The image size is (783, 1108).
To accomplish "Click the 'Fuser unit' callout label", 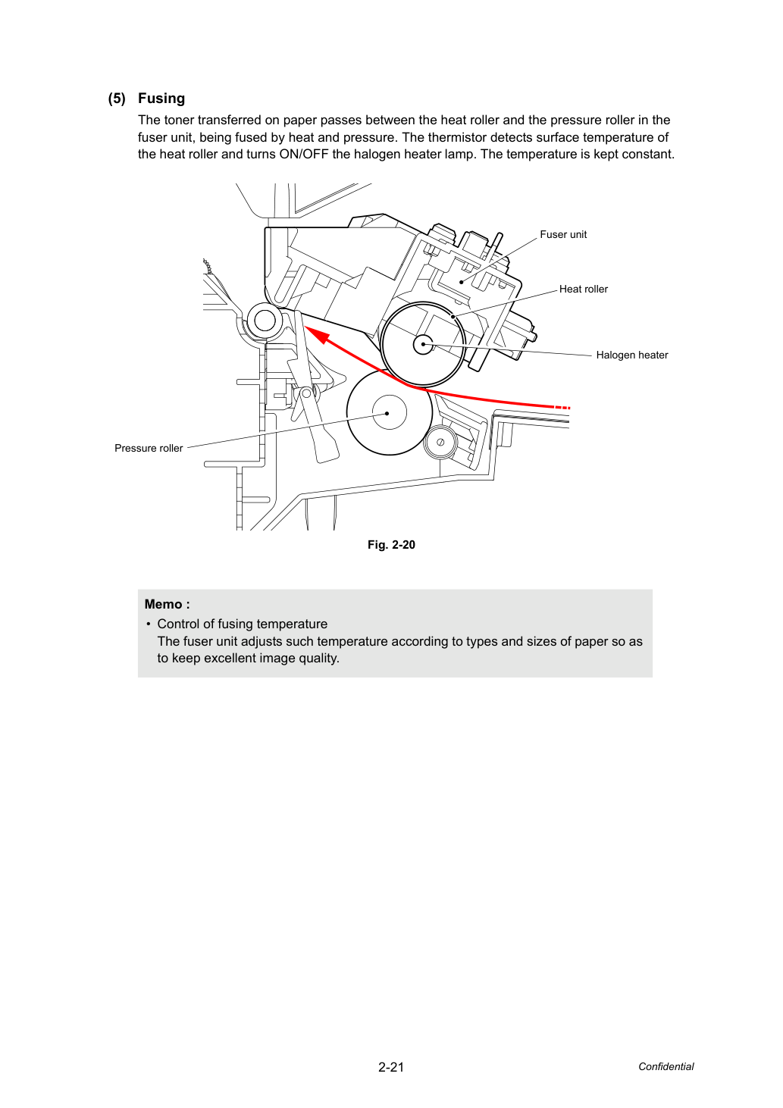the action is pyautogui.click(x=563, y=234).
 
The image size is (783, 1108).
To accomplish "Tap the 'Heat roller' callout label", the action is pyautogui.click(x=583, y=289).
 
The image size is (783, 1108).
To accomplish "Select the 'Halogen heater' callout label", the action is pyautogui.click(x=631, y=355).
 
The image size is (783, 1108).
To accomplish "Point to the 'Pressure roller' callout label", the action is pyautogui.click(x=149, y=448).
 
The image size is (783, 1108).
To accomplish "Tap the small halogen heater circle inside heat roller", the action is pyautogui.click(x=423, y=344).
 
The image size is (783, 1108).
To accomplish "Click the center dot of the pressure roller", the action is pyautogui.click(x=387, y=413).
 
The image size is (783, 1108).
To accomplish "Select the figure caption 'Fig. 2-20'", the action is pyautogui.click(x=391, y=545).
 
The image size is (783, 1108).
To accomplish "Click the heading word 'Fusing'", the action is pyautogui.click(x=161, y=99).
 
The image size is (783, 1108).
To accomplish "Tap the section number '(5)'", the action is pyautogui.click(x=117, y=99).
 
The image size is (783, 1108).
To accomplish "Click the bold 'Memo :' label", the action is pyautogui.click(x=168, y=604).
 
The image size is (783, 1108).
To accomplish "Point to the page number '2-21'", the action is pyautogui.click(x=391, y=1067).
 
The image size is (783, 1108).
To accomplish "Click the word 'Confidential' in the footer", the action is pyautogui.click(x=666, y=1066).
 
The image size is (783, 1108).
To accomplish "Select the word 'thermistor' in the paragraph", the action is pyautogui.click(x=456, y=137).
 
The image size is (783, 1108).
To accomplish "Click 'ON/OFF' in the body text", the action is pyautogui.click(x=304, y=154).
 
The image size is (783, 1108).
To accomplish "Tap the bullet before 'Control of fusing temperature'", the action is pyautogui.click(x=148, y=624).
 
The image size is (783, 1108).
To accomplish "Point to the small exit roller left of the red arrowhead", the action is pyautogui.click(x=265, y=321).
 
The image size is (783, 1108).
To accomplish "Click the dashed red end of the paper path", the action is pyautogui.click(x=562, y=408).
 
